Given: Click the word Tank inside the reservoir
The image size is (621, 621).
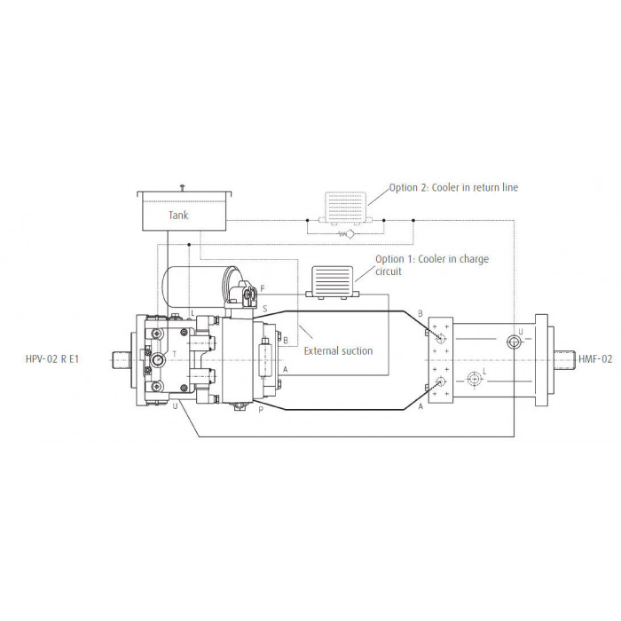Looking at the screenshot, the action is tap(178, 216).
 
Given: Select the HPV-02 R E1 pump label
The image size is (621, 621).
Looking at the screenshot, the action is tap(52, 359).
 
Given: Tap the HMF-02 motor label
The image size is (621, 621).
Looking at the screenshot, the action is tap(595, 359).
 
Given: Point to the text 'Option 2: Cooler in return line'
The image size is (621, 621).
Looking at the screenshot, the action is tap(453, 187).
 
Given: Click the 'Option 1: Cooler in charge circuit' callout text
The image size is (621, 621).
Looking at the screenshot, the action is tap(432, 265).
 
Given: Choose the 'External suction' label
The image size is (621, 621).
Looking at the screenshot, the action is tap(338, 351).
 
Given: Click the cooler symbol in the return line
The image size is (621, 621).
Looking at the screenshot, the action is tap(345, 209).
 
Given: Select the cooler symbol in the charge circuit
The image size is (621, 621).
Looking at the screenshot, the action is tap(333, 282).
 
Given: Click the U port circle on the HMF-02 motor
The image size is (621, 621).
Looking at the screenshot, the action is tap(514, 342).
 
